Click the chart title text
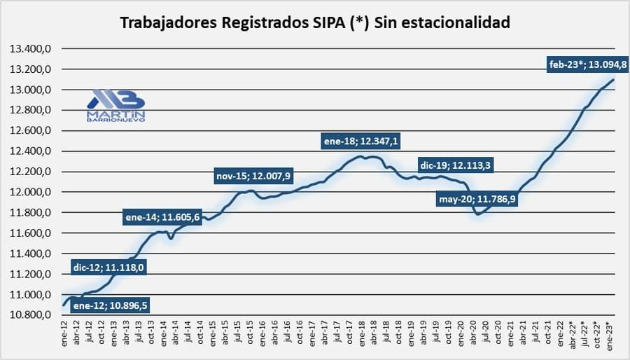(x=315, y=22)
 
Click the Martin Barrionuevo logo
(x=115, y=106)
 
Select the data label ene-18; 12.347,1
(x=361, y=141)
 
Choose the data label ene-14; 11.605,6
(x=162, y=217)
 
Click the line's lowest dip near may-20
(x=479, y=214)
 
